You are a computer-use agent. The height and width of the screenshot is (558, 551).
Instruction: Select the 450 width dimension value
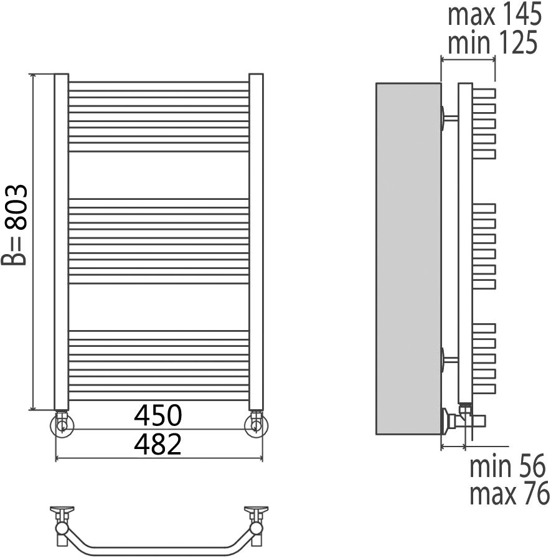coord(158,415)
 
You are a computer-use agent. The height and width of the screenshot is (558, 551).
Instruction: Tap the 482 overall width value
coord(158,444)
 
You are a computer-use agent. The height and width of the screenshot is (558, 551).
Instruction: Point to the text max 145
coord(494,14)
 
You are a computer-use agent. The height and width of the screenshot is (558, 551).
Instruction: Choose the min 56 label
coord(507,466)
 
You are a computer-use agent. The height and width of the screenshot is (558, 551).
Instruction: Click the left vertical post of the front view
coord(61,242)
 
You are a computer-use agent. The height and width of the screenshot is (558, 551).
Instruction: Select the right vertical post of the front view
coord(256,242)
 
